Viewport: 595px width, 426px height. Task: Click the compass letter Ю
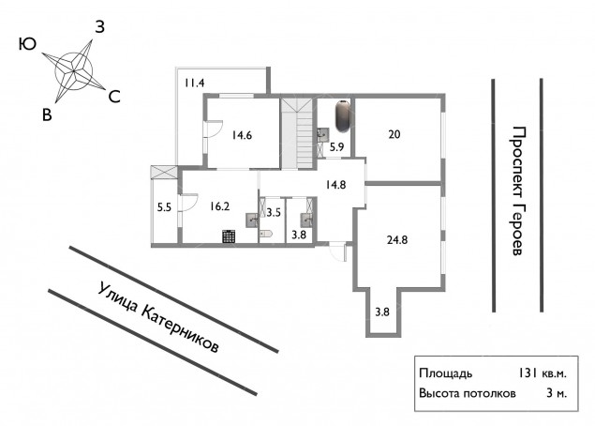(x=27, y=44)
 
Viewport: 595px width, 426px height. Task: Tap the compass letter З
(x=99, y=27)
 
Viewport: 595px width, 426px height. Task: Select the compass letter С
(x=114, y=97)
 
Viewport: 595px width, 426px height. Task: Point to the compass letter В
(x=47, y=114)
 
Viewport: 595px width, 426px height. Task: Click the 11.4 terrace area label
(x=195, y=83)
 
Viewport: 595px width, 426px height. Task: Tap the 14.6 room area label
(x=242, y=135)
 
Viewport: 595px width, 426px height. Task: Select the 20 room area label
(x=394, y=134)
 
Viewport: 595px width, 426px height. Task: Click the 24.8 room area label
(x=397, y=240)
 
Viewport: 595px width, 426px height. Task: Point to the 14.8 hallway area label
(x=335, y=185)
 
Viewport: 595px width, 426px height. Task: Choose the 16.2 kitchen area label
(x=219, y=206)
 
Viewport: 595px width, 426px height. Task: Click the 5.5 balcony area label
(x=164, y=207)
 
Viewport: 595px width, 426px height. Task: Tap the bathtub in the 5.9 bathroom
(x=343, y=116)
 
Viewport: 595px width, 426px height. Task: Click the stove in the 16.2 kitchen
(x=230, y=236)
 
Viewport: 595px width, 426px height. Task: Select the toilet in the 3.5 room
(x=265, y=234)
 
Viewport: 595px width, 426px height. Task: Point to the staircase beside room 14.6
(x=296, y=133)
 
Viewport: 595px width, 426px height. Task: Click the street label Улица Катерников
(x=158, y=317)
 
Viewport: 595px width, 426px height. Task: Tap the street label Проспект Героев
(x=517, y=190)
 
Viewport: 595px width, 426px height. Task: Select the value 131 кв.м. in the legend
(x=543, y=373)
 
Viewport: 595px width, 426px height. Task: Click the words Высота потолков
(x=468, y=393)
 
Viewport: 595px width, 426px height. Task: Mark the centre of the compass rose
(x=74, y=71)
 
